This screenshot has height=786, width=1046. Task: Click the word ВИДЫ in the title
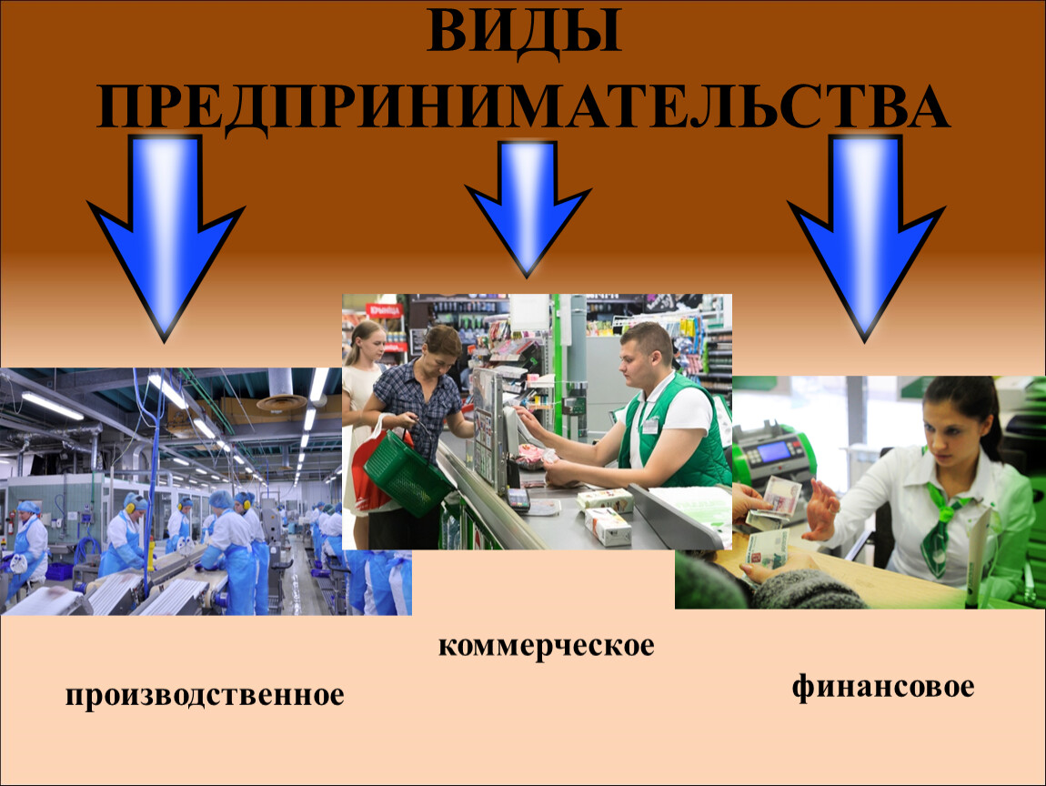(524, 31)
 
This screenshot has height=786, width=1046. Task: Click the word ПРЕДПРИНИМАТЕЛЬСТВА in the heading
(524, 106)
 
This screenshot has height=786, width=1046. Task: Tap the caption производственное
(205, 695)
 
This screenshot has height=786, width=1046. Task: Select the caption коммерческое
(547, 646)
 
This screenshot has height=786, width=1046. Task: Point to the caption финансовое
(883, 687)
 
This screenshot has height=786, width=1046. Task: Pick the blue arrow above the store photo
(528, 207)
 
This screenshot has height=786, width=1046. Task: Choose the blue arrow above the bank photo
(866, 237)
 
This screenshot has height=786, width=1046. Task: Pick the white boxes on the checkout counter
(605, 514)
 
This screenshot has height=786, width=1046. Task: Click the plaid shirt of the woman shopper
(417, 406)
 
